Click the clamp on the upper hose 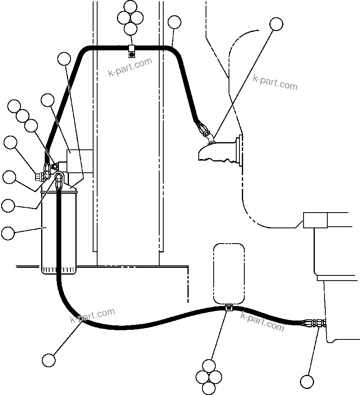click(x=131, y=51)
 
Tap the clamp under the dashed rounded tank click(x=229, y=308)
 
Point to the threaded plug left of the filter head click(x=39, y=176)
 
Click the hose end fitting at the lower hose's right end click(x=314, y=323)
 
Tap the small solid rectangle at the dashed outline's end click(x=315, y=220)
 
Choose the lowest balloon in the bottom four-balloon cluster click(x=209, y=388)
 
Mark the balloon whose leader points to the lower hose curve click(x=49, y=360)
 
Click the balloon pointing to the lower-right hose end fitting click(x=307, y=381)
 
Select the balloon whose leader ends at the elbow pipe click(x=277, y=24)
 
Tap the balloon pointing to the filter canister click(x=8, y=233)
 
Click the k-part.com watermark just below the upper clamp click(x=130, y=67)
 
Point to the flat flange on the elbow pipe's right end click(x=241, y=150)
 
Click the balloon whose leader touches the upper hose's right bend click(x=174, y=22)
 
